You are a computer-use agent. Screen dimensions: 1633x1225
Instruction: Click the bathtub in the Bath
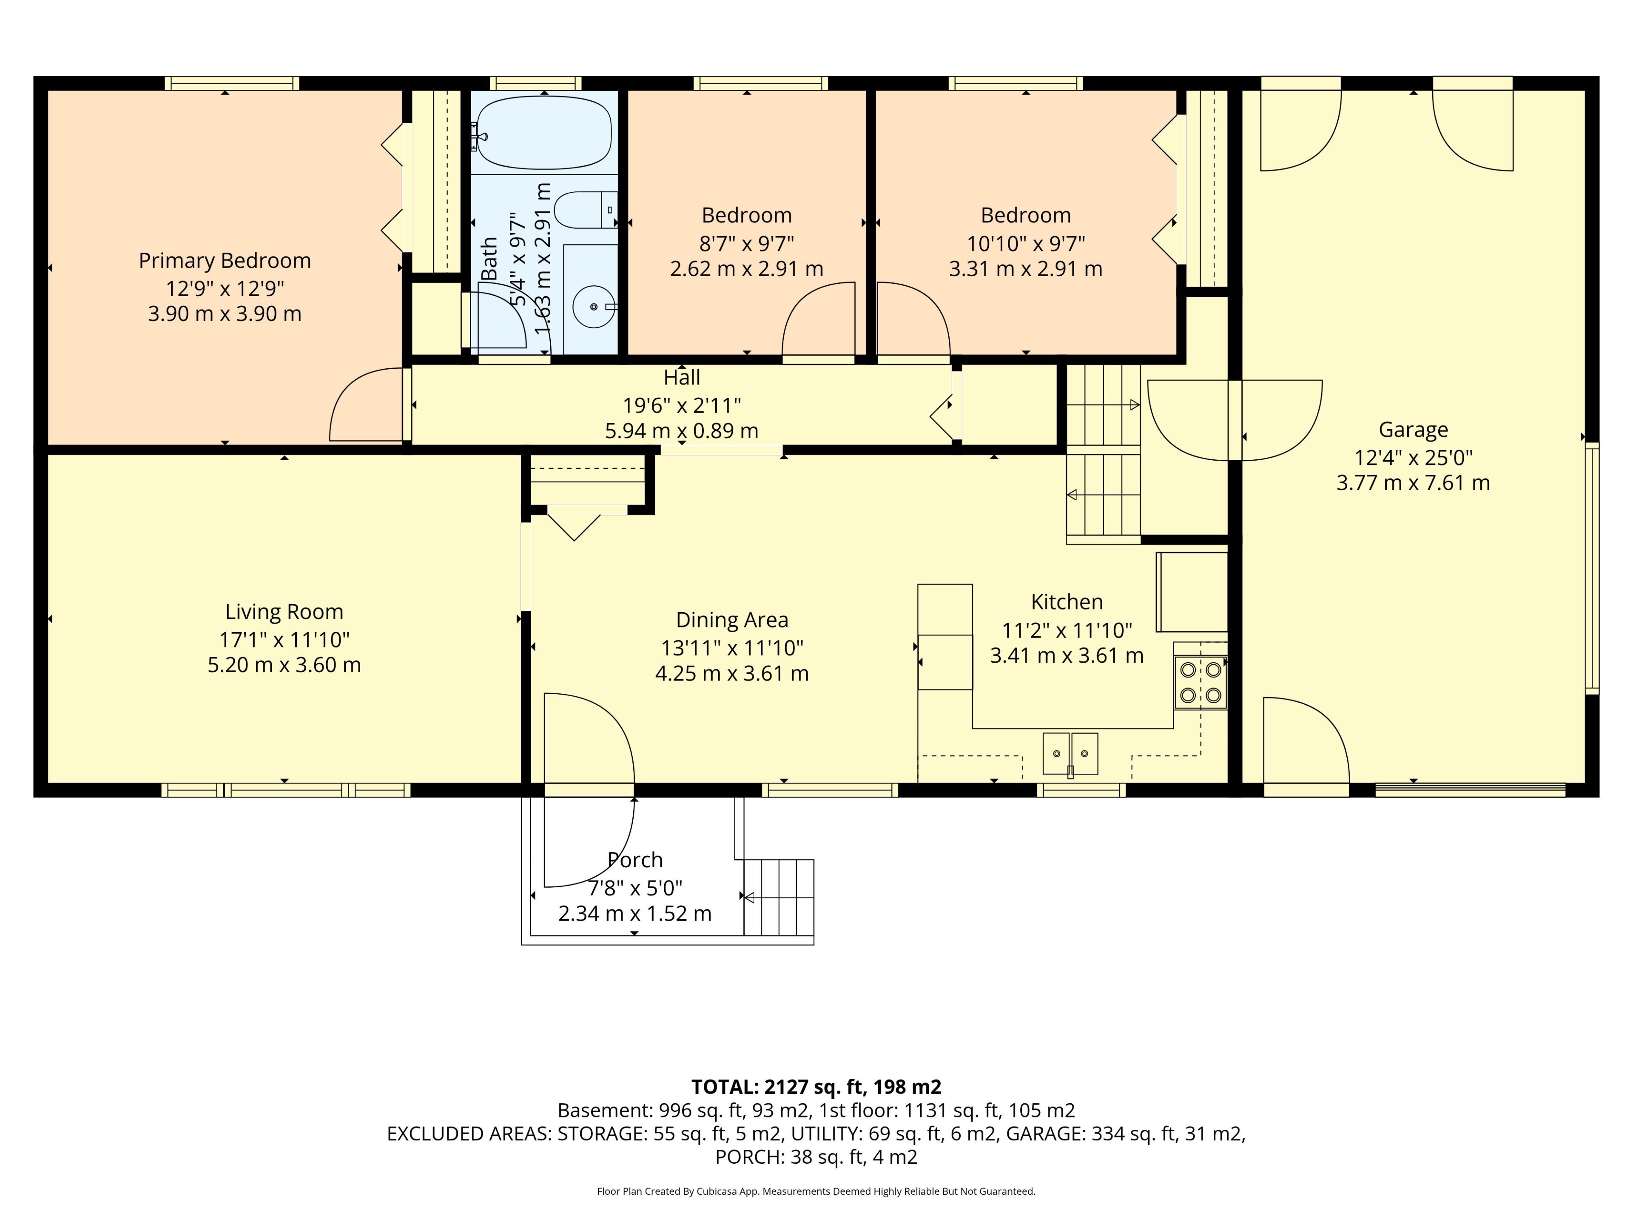tap(544, 133)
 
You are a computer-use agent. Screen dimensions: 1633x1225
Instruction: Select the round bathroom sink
tap(594, 306)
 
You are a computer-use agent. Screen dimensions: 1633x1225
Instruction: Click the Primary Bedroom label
tap(225, 261)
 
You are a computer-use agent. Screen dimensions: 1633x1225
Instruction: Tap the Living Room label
tap(284, 612)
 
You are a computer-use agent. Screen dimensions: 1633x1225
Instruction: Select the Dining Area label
tap(731, 620)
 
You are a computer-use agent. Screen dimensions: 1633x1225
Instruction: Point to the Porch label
tap(635, 860)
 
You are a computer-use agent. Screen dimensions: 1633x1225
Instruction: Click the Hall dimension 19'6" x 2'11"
tap(681, 405)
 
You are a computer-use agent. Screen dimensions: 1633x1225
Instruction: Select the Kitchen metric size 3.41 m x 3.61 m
tap(1066, 656)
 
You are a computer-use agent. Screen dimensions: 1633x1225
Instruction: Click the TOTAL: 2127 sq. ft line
tap(816, 1087)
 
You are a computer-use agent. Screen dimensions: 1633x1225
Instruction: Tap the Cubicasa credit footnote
tap(816, 1191)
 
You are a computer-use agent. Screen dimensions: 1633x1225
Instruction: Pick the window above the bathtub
tap(535, 83)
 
